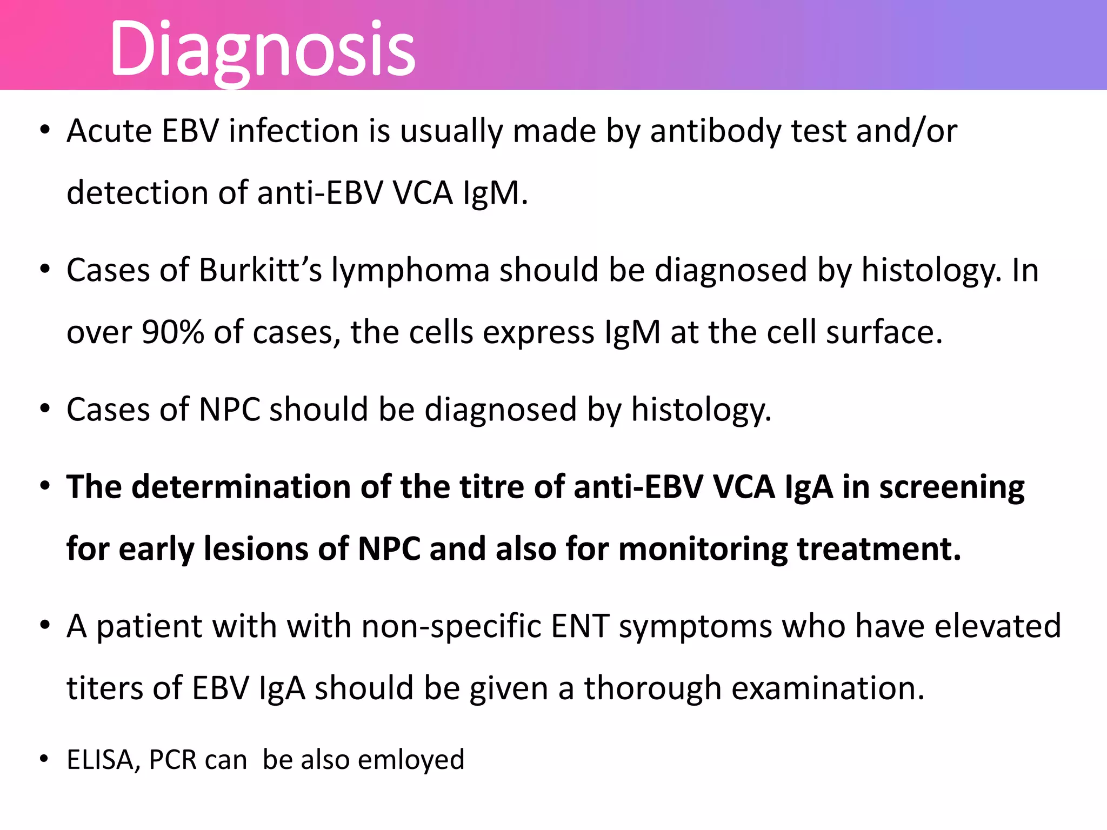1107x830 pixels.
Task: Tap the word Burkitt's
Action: click(x=261, y=270)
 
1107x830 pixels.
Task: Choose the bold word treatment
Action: click(x=879, y=549)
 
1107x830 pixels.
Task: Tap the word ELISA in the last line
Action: click(x=100, y=760)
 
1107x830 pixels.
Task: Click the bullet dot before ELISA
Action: click(x=45, y=759)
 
